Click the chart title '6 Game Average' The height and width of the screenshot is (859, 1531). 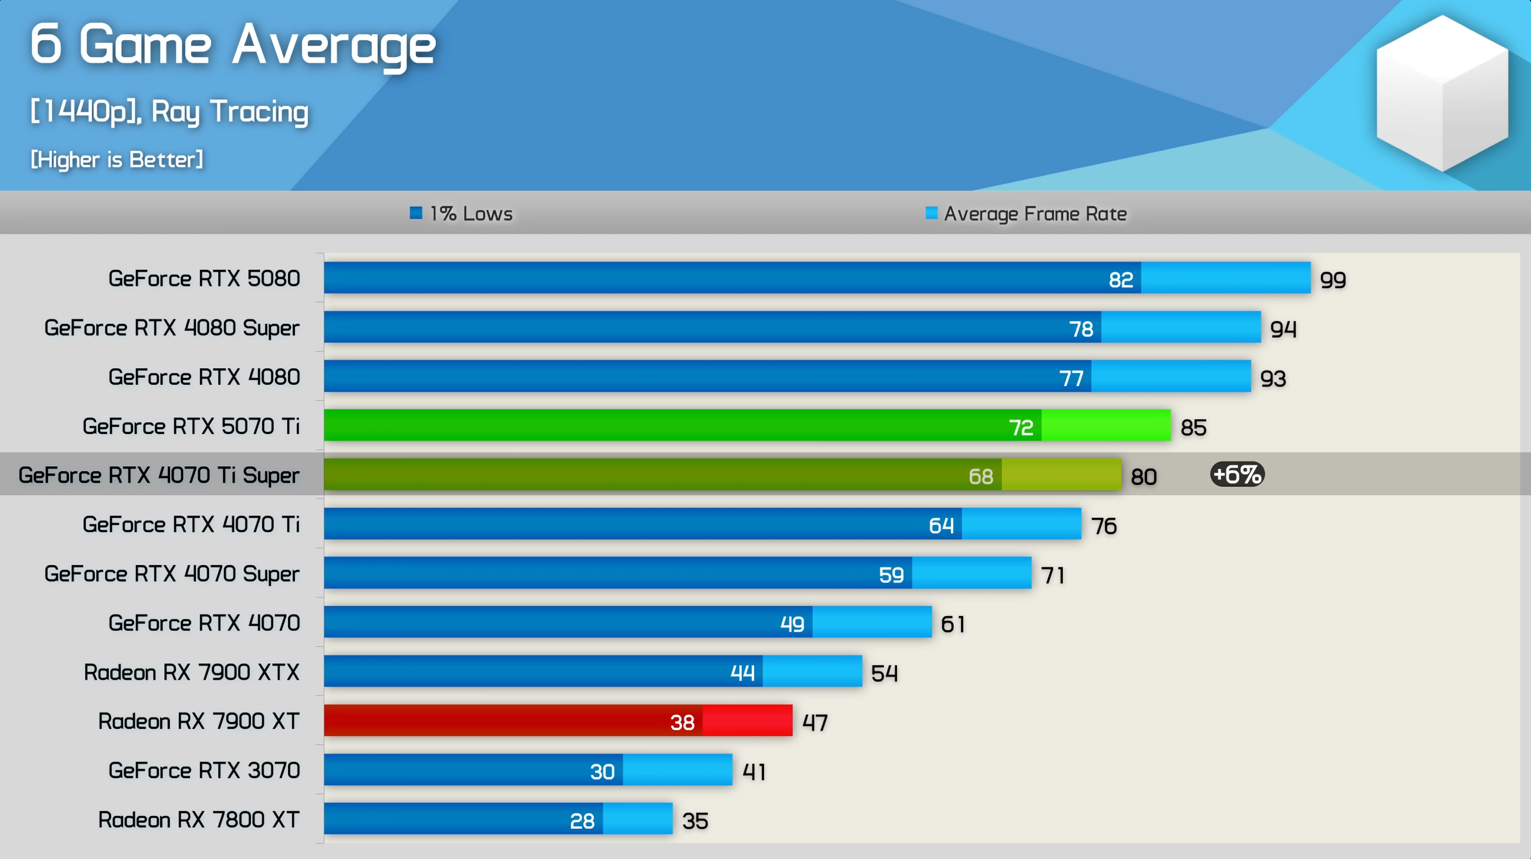pos(233,45)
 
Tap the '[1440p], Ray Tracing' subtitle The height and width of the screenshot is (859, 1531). pos(169,112)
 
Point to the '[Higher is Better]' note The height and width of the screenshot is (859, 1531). pos(117,159)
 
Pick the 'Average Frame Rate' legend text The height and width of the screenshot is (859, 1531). pos(1035,213)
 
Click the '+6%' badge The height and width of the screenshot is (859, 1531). pos(1237,475)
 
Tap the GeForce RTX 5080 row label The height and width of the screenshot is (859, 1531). pos(204,278)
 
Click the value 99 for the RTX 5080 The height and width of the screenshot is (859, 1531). pos(1332,280)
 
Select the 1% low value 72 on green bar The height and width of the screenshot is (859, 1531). pos(1021,427)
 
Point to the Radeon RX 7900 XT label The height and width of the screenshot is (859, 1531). pos(199,721)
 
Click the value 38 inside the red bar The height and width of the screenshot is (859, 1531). pos(682,722)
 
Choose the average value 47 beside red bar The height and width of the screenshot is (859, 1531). pos(814,722)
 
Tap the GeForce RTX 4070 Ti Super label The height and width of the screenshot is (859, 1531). pos(159,475)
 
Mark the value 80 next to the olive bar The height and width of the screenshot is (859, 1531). pos(1143,476)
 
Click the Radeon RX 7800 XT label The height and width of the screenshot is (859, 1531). pos(199,820)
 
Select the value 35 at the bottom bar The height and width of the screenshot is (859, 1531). pos(695,821)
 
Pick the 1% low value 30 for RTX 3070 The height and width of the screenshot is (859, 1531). pos(602,772)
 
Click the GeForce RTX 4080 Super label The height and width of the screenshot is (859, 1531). pos(172,327)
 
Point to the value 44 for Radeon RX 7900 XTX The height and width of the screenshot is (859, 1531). pos(742,673)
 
